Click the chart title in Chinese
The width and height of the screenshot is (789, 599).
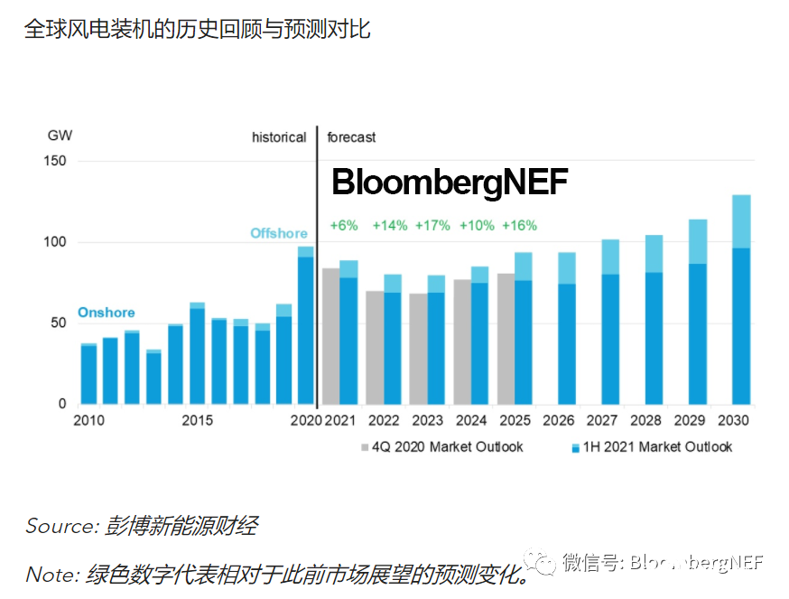197,29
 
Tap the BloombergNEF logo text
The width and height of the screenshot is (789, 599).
450,183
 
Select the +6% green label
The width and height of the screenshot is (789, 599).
345,226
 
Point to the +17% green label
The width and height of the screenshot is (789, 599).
432,226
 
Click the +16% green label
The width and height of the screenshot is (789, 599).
519,226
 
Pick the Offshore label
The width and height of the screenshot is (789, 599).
278,233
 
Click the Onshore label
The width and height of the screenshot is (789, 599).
106,313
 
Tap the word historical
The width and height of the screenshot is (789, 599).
279,137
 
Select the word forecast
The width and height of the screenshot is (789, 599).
351,137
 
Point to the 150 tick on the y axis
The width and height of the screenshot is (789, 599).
56,161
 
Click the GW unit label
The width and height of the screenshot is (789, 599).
60,136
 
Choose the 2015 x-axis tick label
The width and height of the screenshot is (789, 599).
197,420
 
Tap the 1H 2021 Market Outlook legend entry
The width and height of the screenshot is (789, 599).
652,446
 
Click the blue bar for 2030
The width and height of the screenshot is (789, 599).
740,325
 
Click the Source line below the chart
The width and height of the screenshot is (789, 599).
142,526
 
